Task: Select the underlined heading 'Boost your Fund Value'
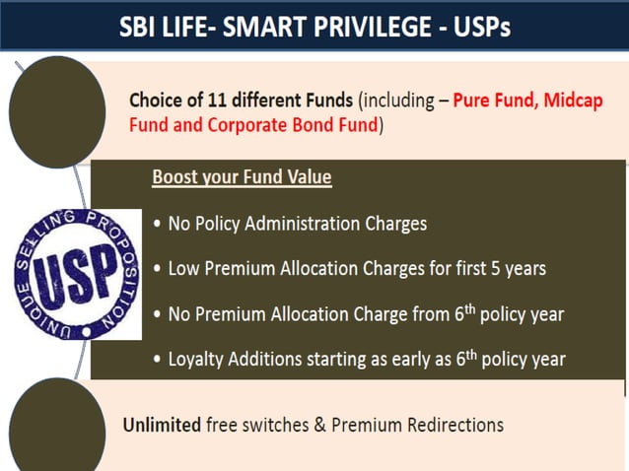242,177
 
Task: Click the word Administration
294,224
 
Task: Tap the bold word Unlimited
162,425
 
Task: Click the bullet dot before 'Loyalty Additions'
158,360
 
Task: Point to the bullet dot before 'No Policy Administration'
158,225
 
